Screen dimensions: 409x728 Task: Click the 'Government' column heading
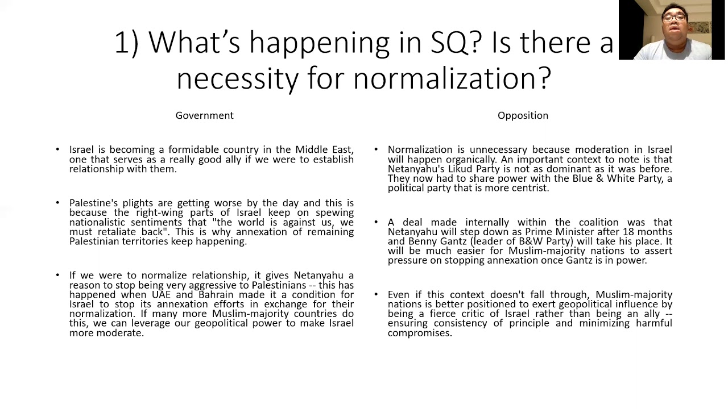click(204, 115)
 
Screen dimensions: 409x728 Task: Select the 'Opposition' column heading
click(523, 115)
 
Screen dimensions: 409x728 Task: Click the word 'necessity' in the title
click(237, 78)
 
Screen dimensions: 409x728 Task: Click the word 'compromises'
click(419, 333)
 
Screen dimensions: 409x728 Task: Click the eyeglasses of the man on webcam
click(673, 18)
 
